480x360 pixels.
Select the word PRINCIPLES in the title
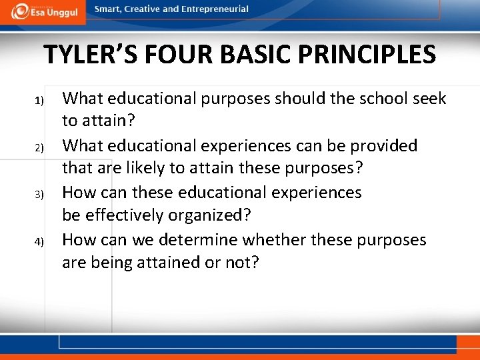pyautogui.click(x=370, y=55)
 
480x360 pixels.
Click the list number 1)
pyautogui.click(x=39, y=101)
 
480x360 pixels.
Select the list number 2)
pyautogui.click(x=39, y=147)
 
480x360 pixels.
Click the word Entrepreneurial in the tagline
pyautogui.click(x=215, y=9)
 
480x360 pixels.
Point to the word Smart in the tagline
pyautogui.click(x=108, y=9)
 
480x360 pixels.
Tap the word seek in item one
pyautogui.click(x=429, y=99)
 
